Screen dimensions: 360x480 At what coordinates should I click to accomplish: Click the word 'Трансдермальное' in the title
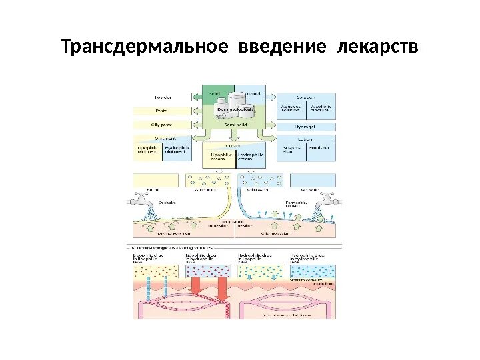[143, 47]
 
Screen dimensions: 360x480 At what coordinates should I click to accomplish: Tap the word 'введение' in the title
[283, 47]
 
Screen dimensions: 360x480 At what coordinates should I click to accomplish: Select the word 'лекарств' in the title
[377, 47]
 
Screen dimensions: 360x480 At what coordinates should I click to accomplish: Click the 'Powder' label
[163, 97]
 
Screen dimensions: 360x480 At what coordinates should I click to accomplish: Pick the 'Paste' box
[162, 110]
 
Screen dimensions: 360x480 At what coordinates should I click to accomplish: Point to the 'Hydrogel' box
[306, 125]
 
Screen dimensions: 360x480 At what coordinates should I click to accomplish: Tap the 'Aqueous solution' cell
[291, 109]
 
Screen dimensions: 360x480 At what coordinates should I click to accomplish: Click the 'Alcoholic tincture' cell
[321, 109]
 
